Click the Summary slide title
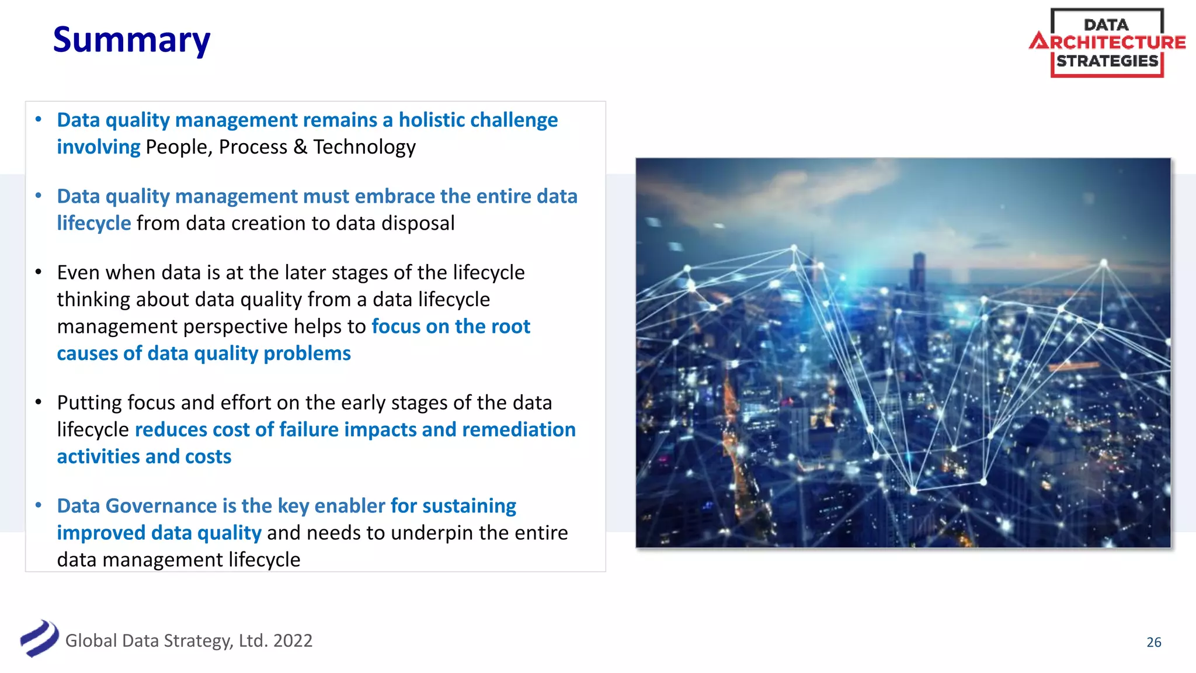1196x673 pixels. [131, 40]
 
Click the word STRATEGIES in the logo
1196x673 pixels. [1107, 61]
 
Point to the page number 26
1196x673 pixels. [1153, 642]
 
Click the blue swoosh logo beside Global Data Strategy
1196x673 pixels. [39, 639]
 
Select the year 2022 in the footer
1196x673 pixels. [293, 641]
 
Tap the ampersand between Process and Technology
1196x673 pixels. [300, 147]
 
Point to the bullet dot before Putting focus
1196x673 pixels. [39, 402]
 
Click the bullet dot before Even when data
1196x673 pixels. [39, 272]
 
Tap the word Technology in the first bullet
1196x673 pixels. [364, 147]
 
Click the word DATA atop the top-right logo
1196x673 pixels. [1106, 25]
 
